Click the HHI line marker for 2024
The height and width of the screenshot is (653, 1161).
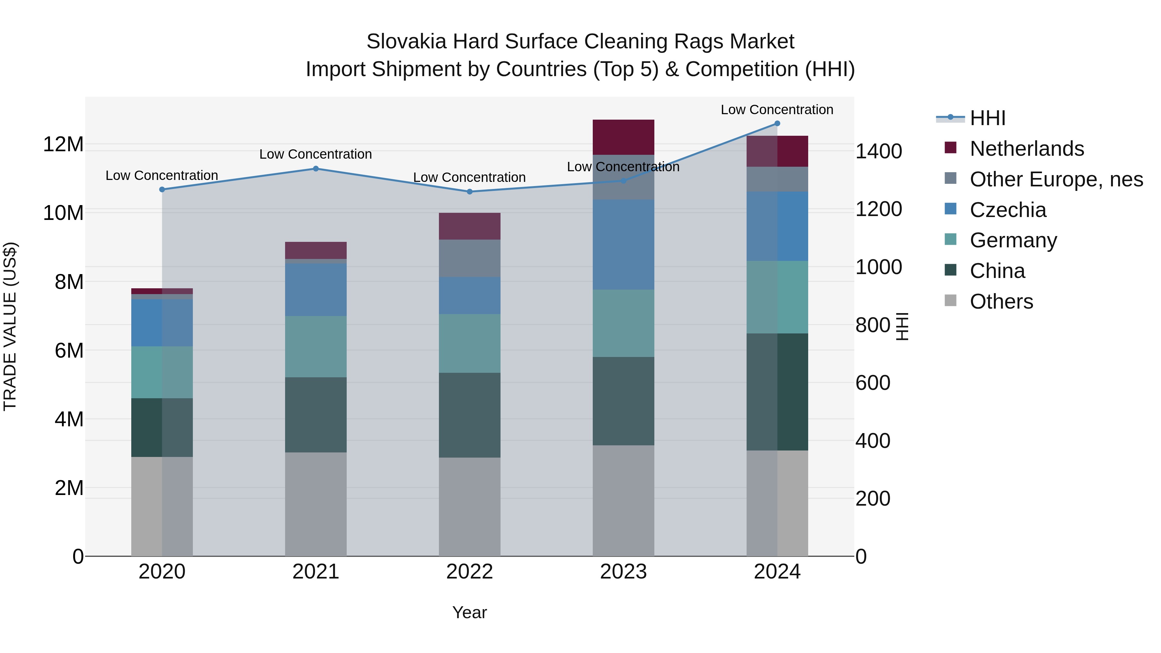[x=777, y=124]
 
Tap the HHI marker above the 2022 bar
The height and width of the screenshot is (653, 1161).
[x=470, y=192]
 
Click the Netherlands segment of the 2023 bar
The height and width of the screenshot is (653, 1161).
[x=623, y=137]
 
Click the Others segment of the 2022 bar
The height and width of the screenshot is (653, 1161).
[x=470, y=507]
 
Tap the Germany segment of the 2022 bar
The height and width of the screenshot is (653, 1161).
[x=470, y=343]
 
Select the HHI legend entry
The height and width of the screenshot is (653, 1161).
[x=987, y=118]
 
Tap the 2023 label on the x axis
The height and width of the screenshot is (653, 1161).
[x=623, y=572]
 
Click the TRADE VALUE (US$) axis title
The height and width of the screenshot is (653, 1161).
[x=10, y=326]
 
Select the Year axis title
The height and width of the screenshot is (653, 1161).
[x=470, y=612]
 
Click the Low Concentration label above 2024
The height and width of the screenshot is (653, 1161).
[x=777, y=110]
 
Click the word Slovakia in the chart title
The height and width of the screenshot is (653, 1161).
[x=406, y=42]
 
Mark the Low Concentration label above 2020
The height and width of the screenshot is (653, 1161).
[x=162, y=175]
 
